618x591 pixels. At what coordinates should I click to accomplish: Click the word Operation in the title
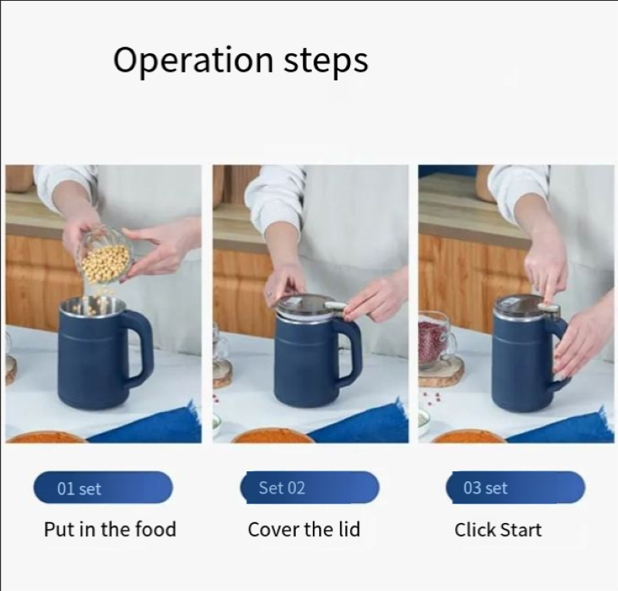[193, 60]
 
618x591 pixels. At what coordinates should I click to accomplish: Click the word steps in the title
[326, 61]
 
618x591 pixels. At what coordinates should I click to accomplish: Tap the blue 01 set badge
[103, 487]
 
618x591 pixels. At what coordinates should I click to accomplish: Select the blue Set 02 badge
[310, 487]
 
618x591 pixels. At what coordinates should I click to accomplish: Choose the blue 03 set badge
[515, 487]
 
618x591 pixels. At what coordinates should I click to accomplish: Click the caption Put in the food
[110, 529]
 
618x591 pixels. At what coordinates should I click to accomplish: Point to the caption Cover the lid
[304, 529]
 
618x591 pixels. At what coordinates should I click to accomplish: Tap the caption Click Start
[497, 529]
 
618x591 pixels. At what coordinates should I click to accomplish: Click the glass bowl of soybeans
[104, 257]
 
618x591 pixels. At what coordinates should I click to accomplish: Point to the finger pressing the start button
[550, 290]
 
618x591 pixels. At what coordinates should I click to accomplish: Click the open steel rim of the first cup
[93, 304]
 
